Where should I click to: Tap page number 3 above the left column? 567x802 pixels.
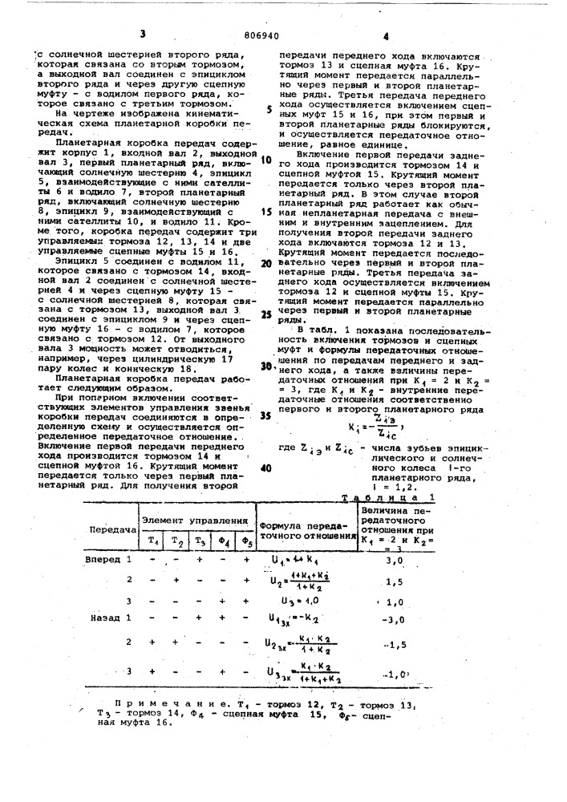click(x=143, y=34)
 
